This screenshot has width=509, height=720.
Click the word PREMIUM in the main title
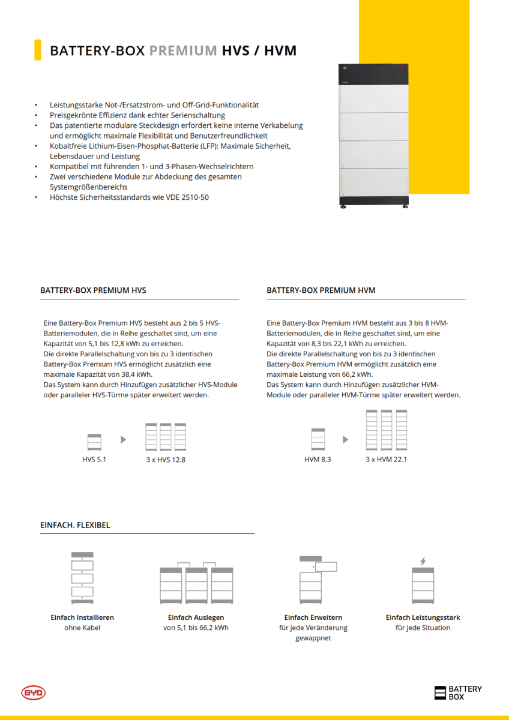coord(183,50)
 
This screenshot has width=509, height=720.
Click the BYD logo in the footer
coord(34,693)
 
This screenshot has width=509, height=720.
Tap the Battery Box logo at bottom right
coord(457,693)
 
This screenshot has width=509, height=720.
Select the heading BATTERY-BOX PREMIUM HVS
coord(93,290)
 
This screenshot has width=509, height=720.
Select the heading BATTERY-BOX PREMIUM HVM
coord(321,290)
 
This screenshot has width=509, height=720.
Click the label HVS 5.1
coord(94,460)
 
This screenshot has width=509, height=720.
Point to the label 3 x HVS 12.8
coord(166,460)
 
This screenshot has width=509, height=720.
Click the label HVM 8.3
coord(318,460)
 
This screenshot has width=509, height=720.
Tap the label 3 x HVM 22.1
coord(386,460)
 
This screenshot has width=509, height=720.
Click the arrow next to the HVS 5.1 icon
coord(124,440)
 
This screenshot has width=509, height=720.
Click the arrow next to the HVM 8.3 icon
coord(346,440)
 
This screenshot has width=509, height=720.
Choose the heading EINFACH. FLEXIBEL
coord(75,525)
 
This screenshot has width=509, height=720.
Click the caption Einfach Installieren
coord(82,617)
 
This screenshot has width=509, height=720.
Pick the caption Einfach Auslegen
coord(196,617)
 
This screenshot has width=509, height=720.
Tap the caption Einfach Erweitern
coord(313,617)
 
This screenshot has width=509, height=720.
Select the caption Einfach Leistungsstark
coord(423,617)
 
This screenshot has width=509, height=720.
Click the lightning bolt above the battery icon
coord(423,561)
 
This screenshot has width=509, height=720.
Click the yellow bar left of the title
coord(38,50)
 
